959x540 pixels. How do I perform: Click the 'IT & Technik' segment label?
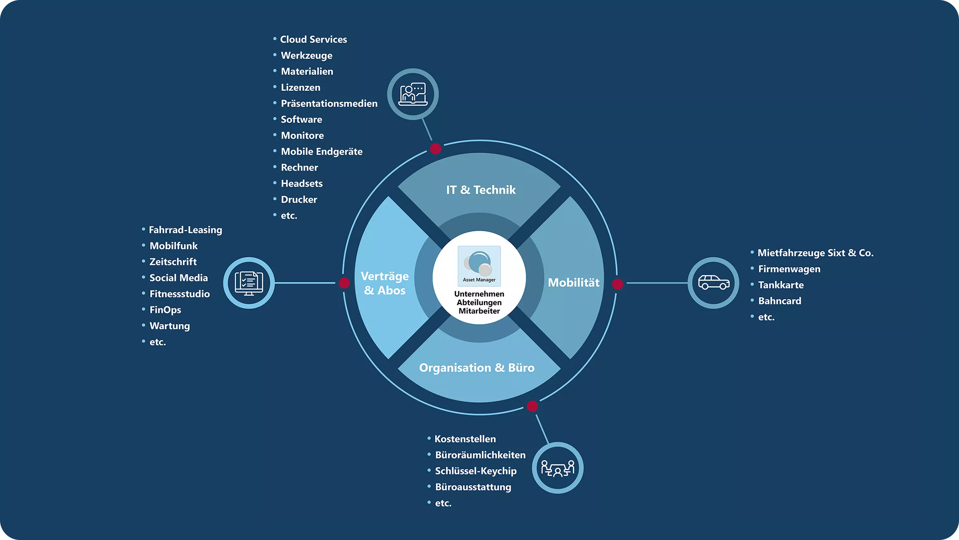point(481,190)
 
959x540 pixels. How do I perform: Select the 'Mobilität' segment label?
point(573,283)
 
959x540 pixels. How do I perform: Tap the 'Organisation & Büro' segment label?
point(477,368)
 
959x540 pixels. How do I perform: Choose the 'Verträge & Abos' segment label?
point(385,283)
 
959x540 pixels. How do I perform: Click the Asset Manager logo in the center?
point(479,265)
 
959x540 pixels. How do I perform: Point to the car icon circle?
point(713,283)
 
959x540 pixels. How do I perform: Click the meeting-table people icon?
point(557,468)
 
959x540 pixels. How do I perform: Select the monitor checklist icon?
point(249,283)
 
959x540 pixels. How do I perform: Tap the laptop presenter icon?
point(413,94)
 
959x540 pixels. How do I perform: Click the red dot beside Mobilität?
point(617,284)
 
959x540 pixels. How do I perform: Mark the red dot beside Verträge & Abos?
point(344,283)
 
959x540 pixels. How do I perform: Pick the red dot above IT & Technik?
point(436,149)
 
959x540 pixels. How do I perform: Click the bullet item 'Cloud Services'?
point(313,40)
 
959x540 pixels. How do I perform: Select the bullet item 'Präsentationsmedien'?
point(329,104)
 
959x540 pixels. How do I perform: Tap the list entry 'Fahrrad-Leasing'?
point(185,230)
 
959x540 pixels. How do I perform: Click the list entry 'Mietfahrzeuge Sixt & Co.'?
point(815,253)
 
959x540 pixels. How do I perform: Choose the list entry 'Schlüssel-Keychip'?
point(476,471)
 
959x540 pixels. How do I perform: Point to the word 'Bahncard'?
point(780,301)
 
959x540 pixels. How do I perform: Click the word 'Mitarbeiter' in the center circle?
point(479,311)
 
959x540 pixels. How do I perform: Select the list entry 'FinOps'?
point(165,310)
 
